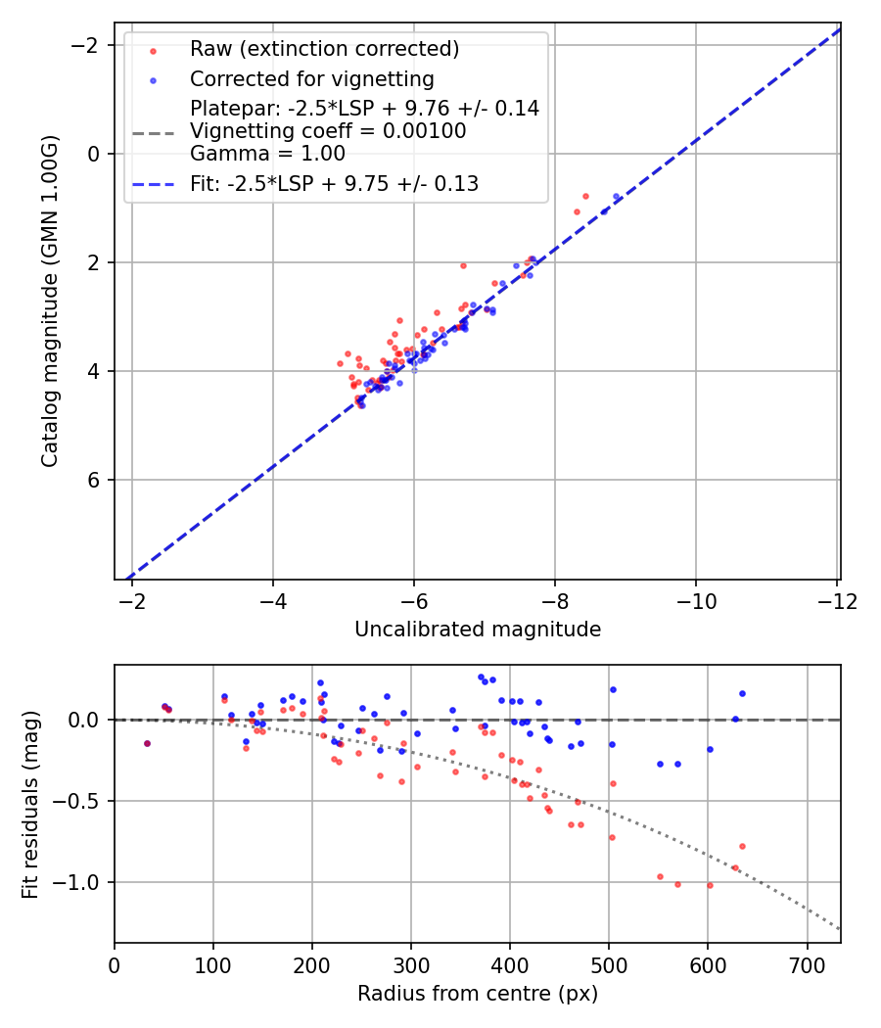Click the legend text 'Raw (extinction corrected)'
324,49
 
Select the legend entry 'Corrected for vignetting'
311,78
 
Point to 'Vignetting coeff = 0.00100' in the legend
328,131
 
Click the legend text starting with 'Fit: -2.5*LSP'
334,184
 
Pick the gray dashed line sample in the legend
153,132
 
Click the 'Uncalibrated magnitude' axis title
477,630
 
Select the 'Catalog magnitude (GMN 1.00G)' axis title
51,301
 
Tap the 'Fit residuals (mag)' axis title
29,804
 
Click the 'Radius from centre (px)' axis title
477,994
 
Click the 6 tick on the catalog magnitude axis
94,480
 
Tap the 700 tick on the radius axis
807,963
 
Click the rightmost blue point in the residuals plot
742,693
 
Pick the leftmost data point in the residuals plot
147,743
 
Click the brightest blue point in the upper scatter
616,197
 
